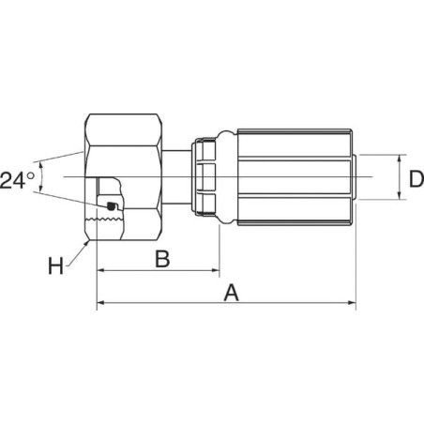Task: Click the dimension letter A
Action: (x=232, y=293)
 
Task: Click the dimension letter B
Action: (x=162, y=259)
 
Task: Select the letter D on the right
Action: (x=416, y=179)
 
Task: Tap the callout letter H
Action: (x=55, y=265)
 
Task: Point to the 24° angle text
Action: (x=17, y=180)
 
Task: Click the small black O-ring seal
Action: (x=111, y=205)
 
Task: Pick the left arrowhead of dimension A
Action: (x=100, y=303)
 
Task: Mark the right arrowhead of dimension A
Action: (x=352, y=303)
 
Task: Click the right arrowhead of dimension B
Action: (x=216, y=270)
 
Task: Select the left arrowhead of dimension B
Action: (x=100, y=270)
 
